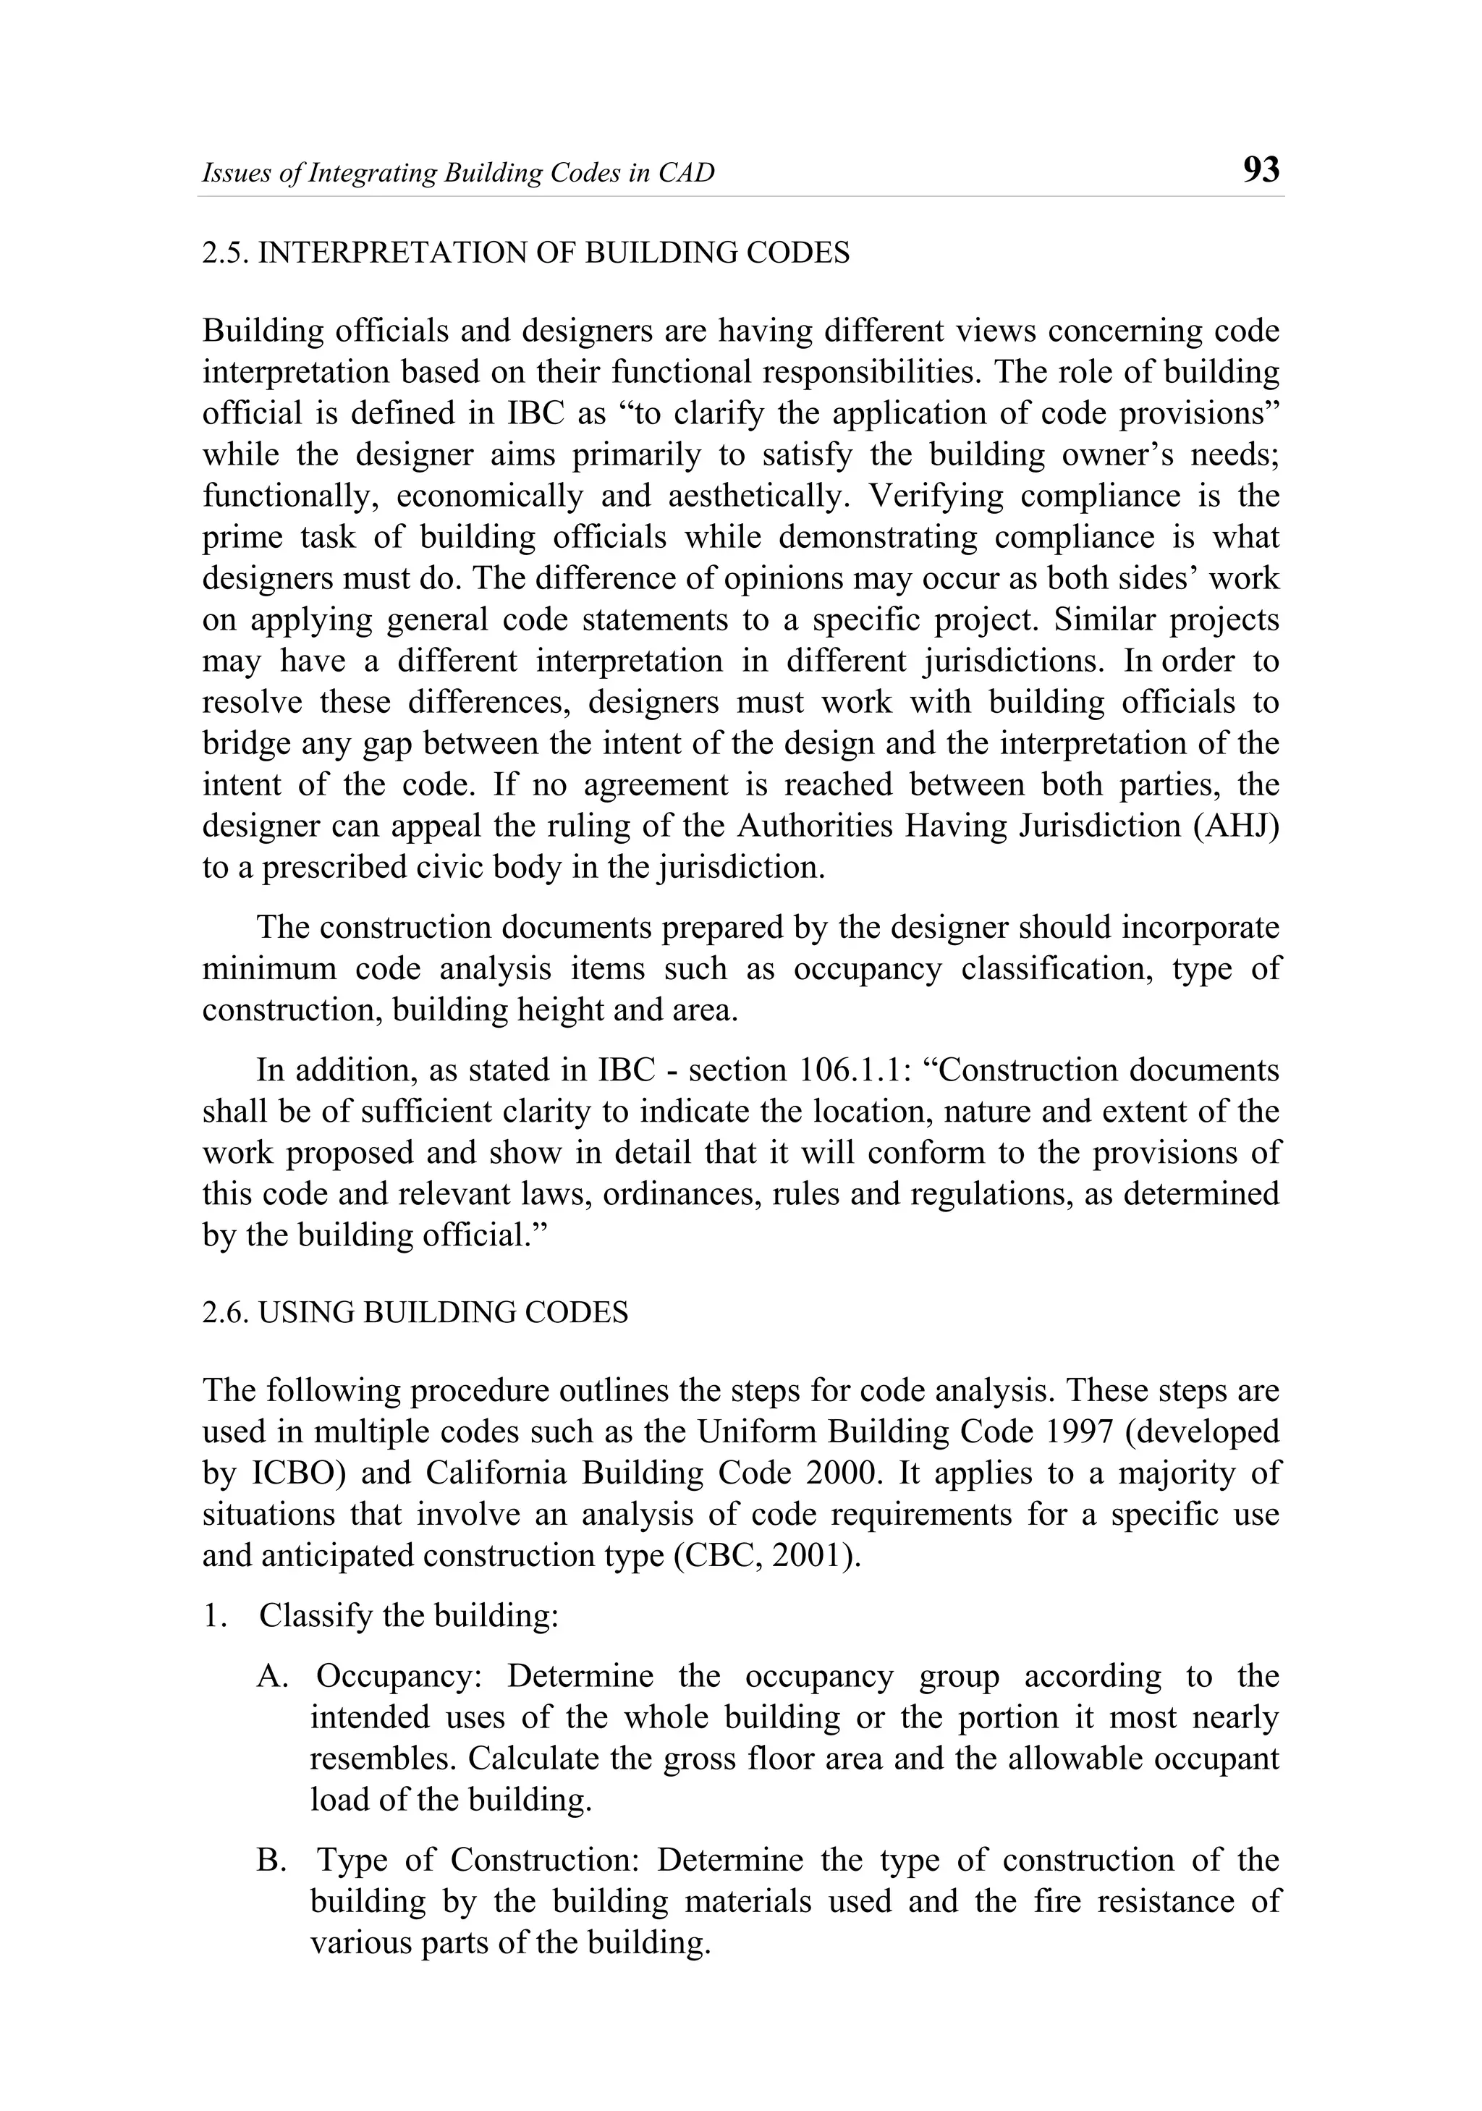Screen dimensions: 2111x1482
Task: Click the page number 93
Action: coord(1260,170)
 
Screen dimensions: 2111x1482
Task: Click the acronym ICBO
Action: coord(295,1473)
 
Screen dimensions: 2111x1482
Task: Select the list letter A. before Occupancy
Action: coord(273,1676)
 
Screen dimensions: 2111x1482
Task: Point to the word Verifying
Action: coord(937,496)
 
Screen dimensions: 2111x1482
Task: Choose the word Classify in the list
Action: coord(316,1616)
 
